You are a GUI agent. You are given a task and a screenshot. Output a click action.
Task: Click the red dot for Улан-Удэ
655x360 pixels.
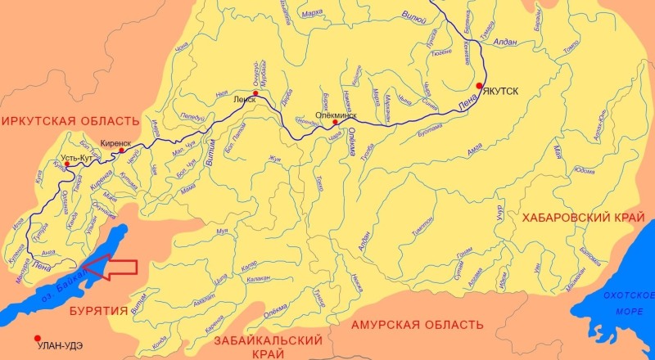click(37, 339)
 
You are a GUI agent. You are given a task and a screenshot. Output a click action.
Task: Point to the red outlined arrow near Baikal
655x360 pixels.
click(111, 267)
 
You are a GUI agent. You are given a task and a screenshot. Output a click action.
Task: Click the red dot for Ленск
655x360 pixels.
click(256, 95)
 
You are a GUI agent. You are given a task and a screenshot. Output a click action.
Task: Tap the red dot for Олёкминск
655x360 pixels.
click(336, 123)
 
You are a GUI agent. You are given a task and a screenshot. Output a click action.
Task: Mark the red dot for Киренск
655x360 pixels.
click(121, 151)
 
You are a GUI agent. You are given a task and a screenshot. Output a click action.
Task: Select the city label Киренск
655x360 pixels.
click(115, 142)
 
